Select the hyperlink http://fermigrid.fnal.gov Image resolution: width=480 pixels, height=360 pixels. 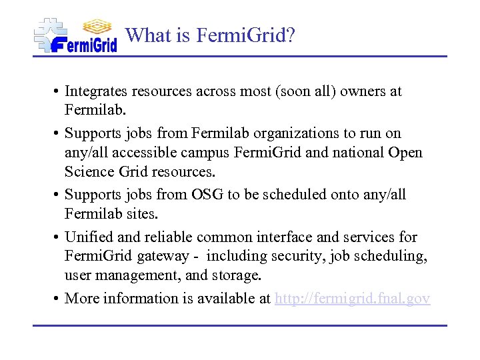point(353,299)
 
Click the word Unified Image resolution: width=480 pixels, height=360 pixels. point(89,237)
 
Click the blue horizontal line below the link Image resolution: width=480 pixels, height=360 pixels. point(240,325)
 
